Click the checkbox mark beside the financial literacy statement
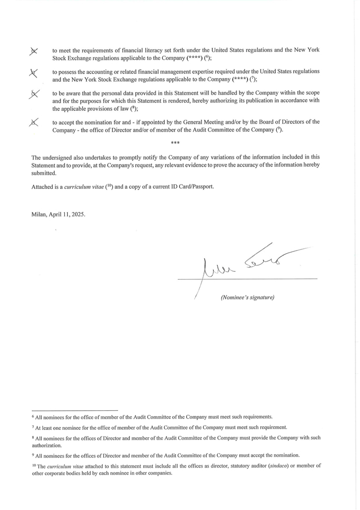pyautogui.click(x=34, y=51)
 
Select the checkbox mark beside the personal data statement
pyautogui.click(x=34, y=94)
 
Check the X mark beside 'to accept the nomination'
pyautogui.click(x=34, y=123)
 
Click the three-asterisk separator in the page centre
pyautogui.click(x=175, y=143)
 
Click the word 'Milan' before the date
pyautogui.click(x=39, y=214)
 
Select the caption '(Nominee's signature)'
pyautogui.click(x=248, y=297)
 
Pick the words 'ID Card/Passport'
pyautogui.click(x=192, y=187)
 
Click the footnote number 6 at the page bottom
pyautogui.click(x=33, y=416)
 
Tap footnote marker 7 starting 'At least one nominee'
pyautogui.click(x=33, y=426)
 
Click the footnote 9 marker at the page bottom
pyautogui.click(x=33, y=454)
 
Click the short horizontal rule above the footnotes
pyautogui.click(x=74, y=410)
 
